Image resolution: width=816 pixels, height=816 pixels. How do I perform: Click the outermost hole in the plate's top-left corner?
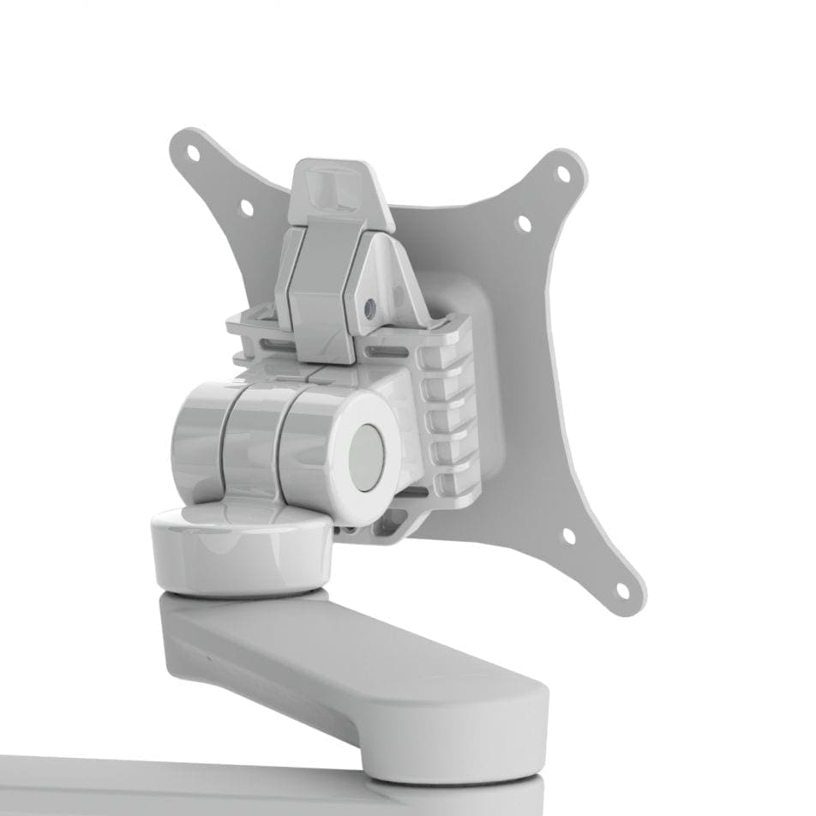point(193,154)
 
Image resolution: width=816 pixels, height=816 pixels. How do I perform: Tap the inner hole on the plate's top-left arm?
point(246,207)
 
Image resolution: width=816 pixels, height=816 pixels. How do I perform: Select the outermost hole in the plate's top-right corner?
point(563,173)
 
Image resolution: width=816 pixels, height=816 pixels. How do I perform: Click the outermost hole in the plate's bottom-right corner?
point(623,591)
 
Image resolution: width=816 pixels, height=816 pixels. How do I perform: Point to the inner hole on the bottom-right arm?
point(568,537)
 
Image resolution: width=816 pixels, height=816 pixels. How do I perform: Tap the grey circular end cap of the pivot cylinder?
point(367,458)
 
